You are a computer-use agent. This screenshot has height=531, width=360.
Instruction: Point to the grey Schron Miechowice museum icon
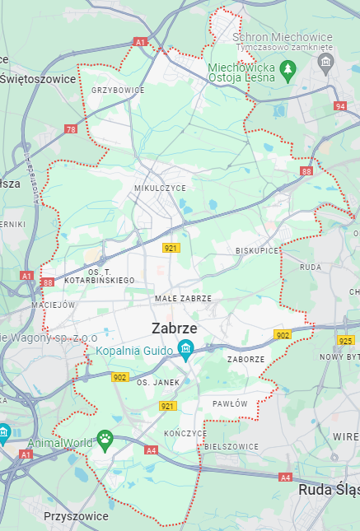click(x=326, y=63)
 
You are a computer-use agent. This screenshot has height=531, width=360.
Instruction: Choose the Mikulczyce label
click(x=160, y=189)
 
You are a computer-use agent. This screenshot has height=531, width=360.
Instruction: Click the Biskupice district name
click(x=257, y=249)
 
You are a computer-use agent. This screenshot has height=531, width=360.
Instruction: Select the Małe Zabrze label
click(x=183, y=298)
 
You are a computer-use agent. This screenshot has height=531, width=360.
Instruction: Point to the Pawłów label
click(x=230, y=404)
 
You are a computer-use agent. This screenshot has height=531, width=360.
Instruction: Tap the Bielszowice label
click(x=231, y=446)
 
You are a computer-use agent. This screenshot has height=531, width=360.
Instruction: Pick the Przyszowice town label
click(x=76, y=516)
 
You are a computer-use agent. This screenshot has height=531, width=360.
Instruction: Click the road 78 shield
click(x=72, y=129)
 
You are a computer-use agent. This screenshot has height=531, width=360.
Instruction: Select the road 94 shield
click(x=340, y=106)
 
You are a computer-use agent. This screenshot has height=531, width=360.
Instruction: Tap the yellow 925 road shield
click(x=346, y=340)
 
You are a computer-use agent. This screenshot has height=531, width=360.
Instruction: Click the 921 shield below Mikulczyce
click(x=171, y=247)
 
